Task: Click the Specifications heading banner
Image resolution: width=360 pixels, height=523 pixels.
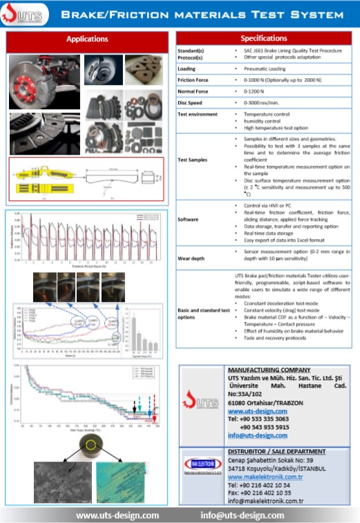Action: [263, 39]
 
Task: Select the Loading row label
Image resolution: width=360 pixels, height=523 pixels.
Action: [187, 69]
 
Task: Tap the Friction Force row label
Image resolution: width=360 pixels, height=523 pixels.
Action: [192, 80]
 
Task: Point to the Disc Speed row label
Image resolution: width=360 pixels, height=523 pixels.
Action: [190, 102]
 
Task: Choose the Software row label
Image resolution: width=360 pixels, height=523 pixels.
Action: [189, 219]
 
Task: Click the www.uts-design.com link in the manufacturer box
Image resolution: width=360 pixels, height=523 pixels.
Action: [254, 412]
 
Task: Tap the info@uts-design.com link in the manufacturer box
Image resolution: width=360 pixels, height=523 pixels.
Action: [256, 436]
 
